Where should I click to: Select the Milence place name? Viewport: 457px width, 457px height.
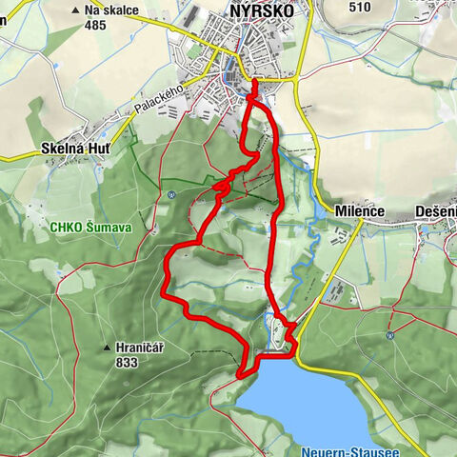point(359,210)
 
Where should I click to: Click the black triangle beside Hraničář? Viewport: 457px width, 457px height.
point(108,348)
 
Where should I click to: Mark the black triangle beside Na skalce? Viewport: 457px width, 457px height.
point(74,10)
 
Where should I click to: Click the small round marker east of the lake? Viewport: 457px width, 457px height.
point(390,335)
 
